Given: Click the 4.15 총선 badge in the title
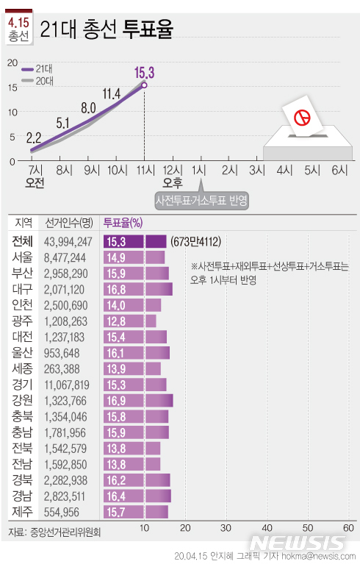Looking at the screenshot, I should pyautogui.click(x=18, y=29).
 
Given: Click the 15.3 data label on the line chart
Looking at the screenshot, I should pyautogui.click(x=144, y=72).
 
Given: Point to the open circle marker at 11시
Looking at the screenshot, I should pyautogui.click(x=144, y=85).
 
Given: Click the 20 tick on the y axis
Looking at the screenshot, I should pyautogui.click(x=11, y=63).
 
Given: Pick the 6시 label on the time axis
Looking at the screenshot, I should pyautogui.click(x=339, y=170).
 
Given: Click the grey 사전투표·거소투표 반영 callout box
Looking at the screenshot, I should pyautogui.click(x=201, y=200).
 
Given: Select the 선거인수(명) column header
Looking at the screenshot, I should pyautogui.click(x=68, y=222).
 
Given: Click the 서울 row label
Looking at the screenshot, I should pyautogui.click(x=21, y=257).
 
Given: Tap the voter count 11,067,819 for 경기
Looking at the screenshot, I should pyautogui.click(x=67, y=385).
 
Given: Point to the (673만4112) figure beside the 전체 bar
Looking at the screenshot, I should pyautogui.click(x=197, y=241).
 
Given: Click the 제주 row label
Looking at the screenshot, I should pyautogui.click(x=21, y=512).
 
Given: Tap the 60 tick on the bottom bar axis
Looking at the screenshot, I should pyautogui.click(x=349, y=529).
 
